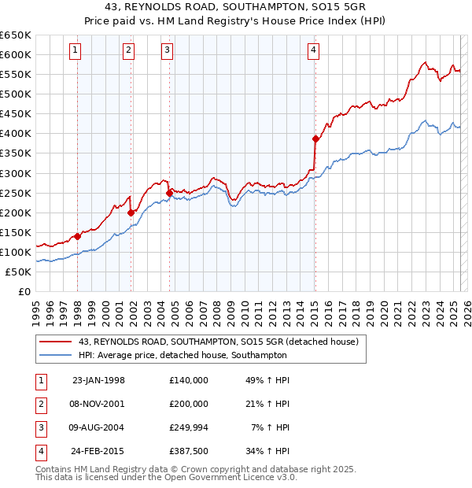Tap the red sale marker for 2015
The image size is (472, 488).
pyautogui.click(x=315, y=139)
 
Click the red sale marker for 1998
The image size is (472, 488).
pyautogui.click(x=78, y=236)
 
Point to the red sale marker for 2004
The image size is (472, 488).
pyautogui.click(x=169, y=193)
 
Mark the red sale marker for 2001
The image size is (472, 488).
pyautogui.click(x=131, y=213)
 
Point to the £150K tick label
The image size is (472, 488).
pyautogui.click(x=16, y=232)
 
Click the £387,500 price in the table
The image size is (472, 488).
pyautogui.click(x=189, y=451)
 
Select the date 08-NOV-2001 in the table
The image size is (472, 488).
pyautogui.click(x=98, y=404)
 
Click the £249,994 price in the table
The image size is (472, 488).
pyautogui.click(x=189, y=427)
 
